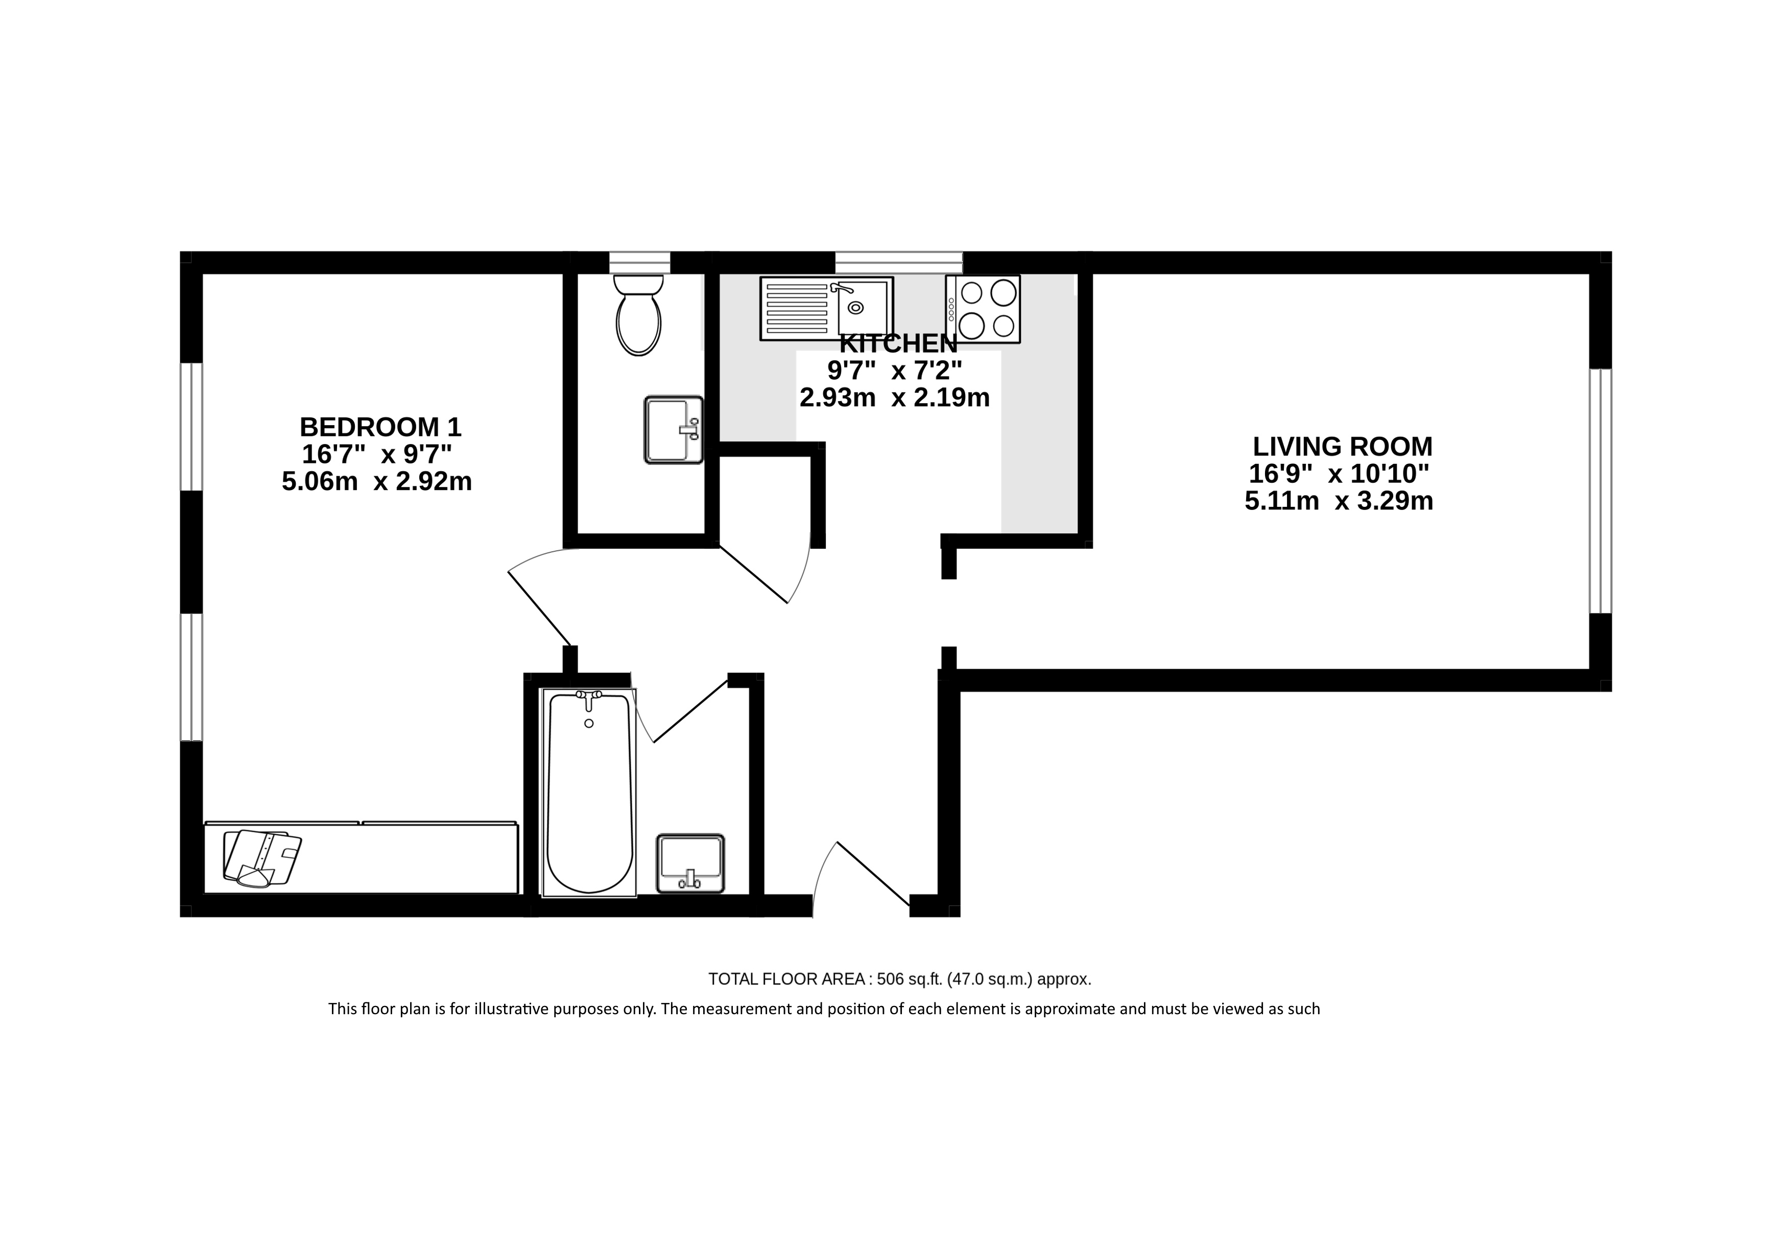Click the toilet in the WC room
point(638,315)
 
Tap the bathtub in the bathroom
point(589,792)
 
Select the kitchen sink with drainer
point(826,309)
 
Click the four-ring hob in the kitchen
point(983,309)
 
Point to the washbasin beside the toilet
point(674,430)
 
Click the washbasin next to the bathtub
point(690,863)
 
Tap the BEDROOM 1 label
point(380,427)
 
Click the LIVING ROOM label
point(1343,447)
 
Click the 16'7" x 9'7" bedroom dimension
point(377,454)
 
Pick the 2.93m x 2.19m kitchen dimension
point(895,398)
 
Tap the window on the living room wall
point(1600,491)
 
